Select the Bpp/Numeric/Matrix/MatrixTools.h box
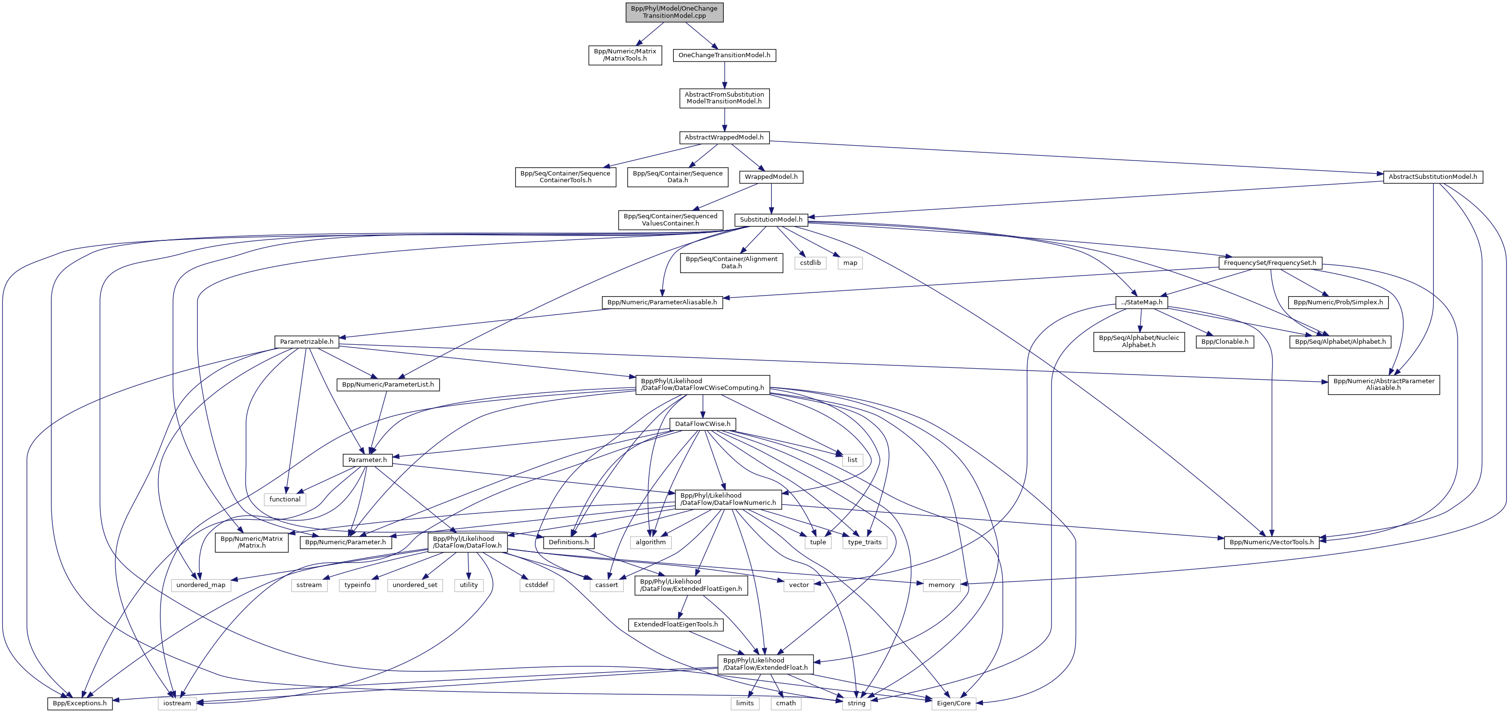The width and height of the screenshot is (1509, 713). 625,55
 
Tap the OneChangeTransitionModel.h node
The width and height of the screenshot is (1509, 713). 724,55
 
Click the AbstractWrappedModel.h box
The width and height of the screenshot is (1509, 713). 724,137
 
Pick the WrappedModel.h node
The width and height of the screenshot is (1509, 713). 771,176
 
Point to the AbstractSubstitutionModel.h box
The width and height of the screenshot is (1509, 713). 1433,176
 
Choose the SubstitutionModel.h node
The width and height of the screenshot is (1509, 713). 771,220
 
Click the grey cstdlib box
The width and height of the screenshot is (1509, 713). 810,263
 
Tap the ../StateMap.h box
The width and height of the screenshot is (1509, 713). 1142,302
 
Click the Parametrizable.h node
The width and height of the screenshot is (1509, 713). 307,341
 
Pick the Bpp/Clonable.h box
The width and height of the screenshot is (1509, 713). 1225,341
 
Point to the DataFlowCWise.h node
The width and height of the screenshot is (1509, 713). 703,424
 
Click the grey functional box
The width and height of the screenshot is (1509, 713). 284,499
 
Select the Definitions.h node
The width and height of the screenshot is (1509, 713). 568,542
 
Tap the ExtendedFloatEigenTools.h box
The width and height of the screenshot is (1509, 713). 675,625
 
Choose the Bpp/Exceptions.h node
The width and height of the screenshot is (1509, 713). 80,703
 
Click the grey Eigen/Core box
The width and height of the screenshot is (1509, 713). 953,703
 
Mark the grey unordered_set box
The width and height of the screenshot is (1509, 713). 415,585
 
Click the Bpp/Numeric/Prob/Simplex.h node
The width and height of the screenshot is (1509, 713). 1338,302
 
